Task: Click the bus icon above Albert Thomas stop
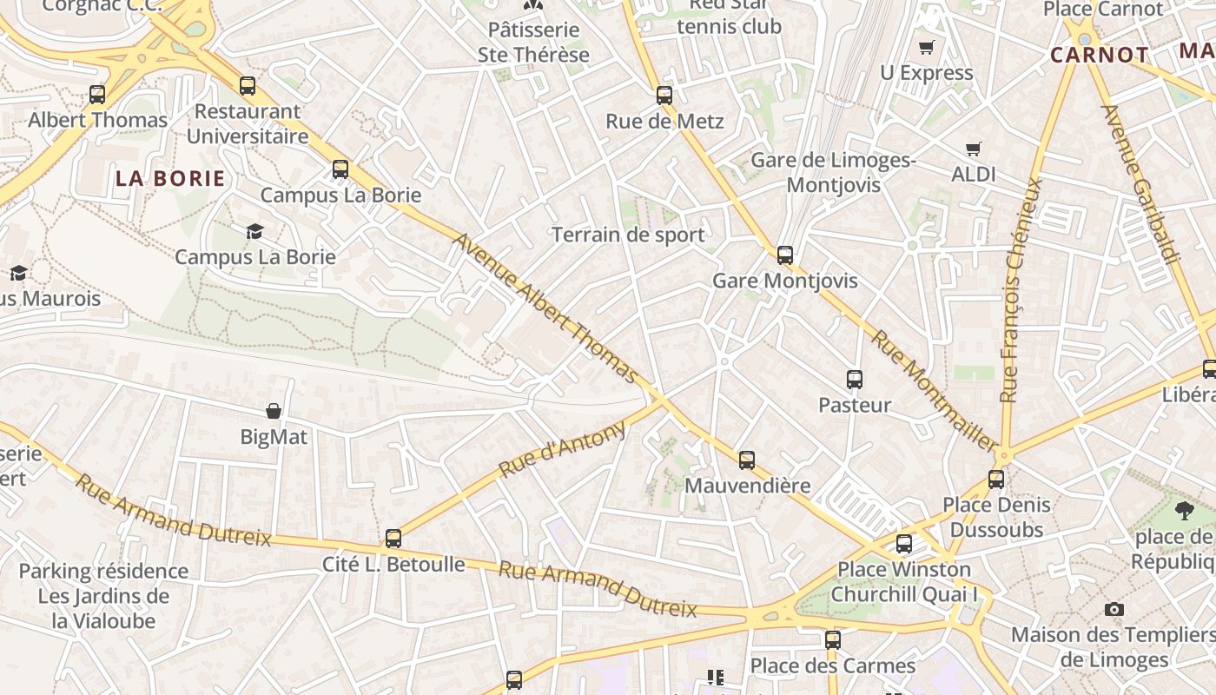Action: [x=97, y=94]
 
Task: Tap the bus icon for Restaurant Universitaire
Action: [x=248, y=85]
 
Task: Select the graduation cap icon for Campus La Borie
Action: [x=254, y=231]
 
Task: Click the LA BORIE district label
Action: [x=170, y=179]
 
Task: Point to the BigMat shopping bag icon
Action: [x=274, y=411]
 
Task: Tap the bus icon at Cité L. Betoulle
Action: [x=393, y=539]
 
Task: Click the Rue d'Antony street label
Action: [x=562, y=449]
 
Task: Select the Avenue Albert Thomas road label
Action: [x=545, y=308]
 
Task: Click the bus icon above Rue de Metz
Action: [x=664, y=95]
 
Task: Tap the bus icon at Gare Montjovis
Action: [x=785, y=255]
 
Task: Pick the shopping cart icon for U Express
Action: [x=927, y=47]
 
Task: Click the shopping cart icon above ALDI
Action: [x=974, y=149]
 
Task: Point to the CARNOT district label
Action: [x=1099, y=55]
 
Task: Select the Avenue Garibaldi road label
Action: [x=1140, y=183]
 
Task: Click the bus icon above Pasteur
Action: [x=855, y=379]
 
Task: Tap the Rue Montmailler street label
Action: [x=934, y=390]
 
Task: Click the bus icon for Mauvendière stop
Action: [x=747, y=460]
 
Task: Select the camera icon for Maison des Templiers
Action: [x=1114, y=609]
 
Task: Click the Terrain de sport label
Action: [x=628, y=235]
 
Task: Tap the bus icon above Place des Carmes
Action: [x=833, y=639]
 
